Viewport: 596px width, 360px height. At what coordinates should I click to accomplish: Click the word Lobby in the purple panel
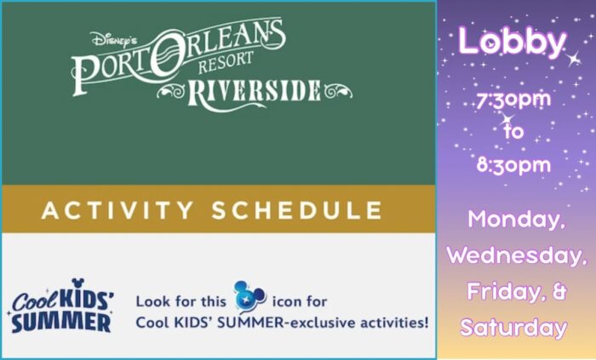coord(512,42)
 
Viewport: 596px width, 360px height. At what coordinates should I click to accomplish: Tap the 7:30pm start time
coord(513,100)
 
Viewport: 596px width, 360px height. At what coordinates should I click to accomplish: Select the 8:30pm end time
coord(513,165)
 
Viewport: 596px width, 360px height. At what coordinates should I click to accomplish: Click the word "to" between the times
coord(514,132)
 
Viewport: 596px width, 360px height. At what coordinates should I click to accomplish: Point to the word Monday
coord(516,219)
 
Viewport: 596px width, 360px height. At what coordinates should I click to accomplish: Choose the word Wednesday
coord(516,255)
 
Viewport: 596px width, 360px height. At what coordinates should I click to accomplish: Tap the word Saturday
coord(513,328)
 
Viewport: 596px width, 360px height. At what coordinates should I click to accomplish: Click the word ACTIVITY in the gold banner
coord(117,210)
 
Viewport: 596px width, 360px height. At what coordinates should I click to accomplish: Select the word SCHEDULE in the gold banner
coord(297,210)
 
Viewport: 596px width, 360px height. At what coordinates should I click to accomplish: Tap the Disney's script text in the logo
coord(113,40)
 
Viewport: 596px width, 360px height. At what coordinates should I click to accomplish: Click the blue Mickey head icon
coord(249,296)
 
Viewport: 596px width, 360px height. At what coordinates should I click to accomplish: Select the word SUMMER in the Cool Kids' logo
coord(61,323)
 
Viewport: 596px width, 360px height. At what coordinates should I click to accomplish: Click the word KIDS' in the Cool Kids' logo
coord(87,298)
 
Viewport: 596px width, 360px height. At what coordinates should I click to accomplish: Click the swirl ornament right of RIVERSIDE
coord(338,91)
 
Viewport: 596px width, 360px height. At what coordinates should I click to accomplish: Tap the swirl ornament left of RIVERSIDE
coord(171,92)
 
